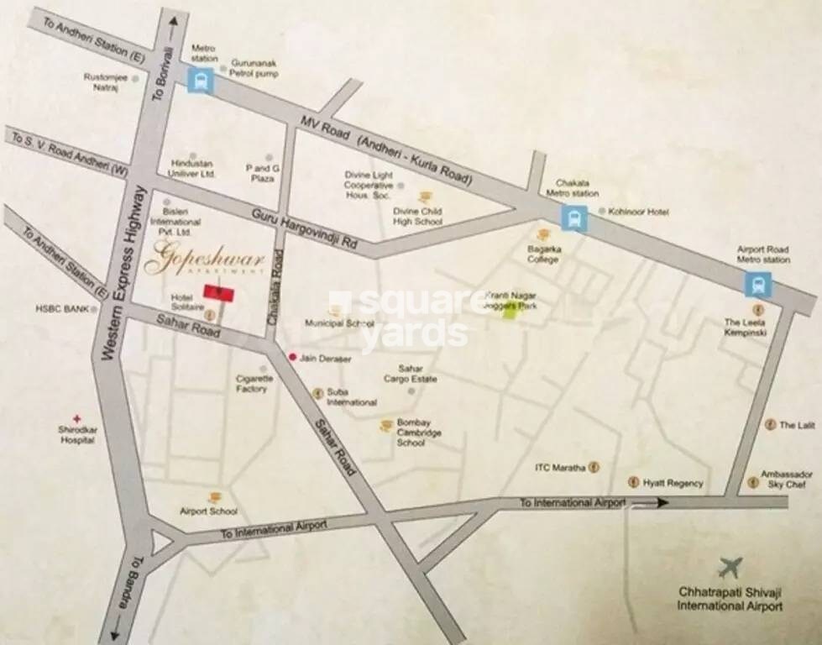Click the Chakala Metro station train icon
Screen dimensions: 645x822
[574, 218]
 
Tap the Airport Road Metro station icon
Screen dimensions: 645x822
[757, 285]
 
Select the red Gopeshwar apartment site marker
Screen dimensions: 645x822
[218, 292]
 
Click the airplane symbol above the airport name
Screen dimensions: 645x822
[730, 569]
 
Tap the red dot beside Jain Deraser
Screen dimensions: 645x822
[292, 357]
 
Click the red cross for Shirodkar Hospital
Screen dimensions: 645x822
[77, 418]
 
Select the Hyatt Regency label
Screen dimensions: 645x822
[673, 484]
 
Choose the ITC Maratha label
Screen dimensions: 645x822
[560, 467]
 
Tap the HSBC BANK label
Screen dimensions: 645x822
[62, 309]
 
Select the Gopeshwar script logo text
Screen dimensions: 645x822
[204, 260]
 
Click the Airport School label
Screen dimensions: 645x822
[209, 511]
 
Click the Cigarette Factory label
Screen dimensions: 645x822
[254, 384]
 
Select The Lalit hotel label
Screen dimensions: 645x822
[797, 426]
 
